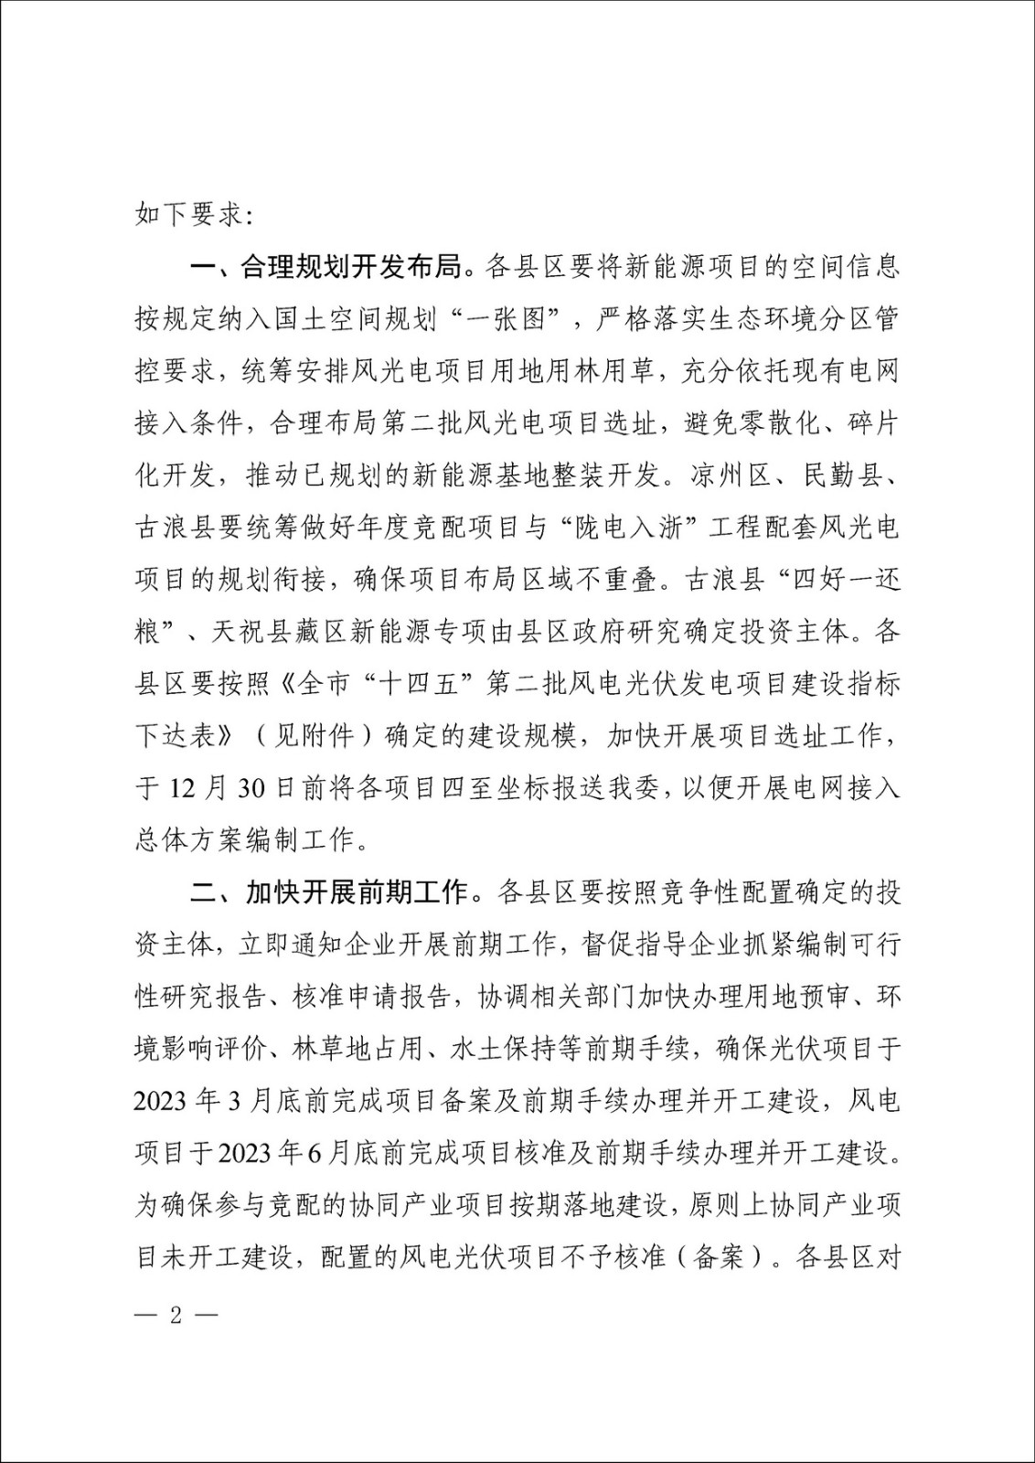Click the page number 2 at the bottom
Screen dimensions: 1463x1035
[177, 1317]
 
